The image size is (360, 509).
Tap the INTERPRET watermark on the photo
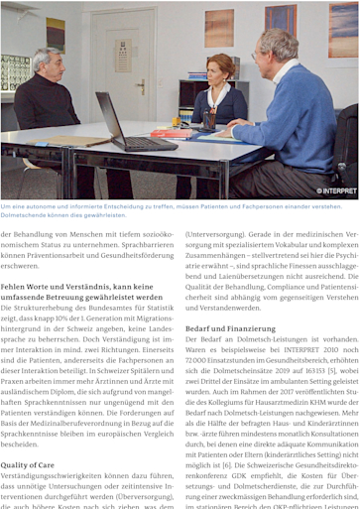[x=334, y=190]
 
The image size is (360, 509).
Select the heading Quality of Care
[x=28, y=464]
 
